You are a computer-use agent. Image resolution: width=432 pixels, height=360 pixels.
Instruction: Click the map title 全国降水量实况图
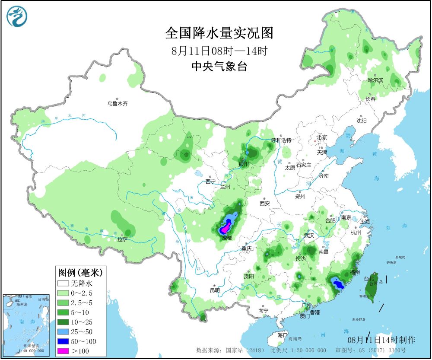click(x=219, y=33)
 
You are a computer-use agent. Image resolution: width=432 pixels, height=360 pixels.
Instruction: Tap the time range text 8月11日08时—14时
click(x=219, y=51)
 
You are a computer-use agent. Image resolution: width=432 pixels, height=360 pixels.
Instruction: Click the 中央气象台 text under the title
click(x=219, y=66)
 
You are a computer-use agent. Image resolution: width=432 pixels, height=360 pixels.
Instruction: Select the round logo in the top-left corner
click(x=16, y=17)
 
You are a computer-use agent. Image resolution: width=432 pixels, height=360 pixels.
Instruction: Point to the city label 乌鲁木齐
click(x=118, y=104)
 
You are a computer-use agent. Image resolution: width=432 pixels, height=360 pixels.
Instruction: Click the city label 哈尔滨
click(x=375, y=80)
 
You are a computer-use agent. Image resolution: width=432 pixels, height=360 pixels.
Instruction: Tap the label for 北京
click(x=322, y=137)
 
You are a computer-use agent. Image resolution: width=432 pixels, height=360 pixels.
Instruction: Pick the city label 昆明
click(x=215, y=290)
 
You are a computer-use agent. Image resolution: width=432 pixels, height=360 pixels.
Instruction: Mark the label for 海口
click(x=283, y=335)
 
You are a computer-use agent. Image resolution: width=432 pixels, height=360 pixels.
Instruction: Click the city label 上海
click(x=365, y=221)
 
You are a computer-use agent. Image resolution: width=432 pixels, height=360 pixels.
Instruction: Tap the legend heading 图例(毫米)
click(x=79, y=273)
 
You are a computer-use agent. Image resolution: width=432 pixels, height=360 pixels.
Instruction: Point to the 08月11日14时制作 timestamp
click(x=381, y=340)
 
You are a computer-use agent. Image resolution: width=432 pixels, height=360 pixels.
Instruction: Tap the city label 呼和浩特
click(x=281, y=140)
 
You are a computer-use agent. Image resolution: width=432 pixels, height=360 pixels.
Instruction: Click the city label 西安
click(x=265, y=203)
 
